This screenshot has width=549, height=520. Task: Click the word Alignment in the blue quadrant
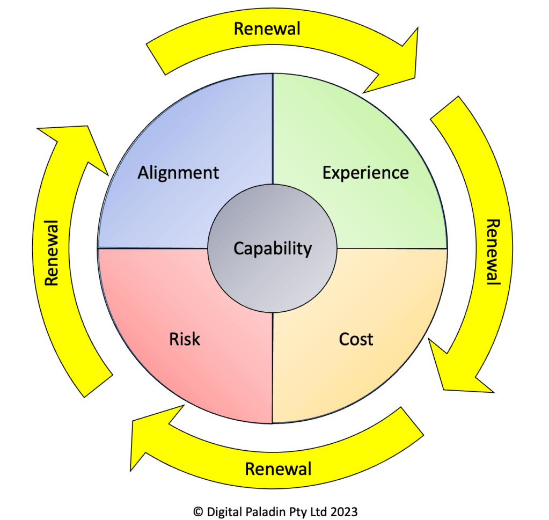[x=178, y=173]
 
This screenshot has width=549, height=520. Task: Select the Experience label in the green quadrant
[x=365, y=173]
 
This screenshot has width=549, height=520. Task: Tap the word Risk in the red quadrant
[x=185, y=339]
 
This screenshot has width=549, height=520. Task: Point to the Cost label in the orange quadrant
[x=356, y=339]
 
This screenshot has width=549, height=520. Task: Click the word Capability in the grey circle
[x=273, y=248]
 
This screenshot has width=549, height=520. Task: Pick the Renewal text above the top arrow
[x=267, y=28]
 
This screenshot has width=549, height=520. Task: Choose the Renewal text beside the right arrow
[x=493, y=252]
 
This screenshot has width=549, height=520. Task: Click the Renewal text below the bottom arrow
[x=278, y=468]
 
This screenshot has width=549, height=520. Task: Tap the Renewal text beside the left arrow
[x=52, y=252]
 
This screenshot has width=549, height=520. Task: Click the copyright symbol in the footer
[x=197, y=512]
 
